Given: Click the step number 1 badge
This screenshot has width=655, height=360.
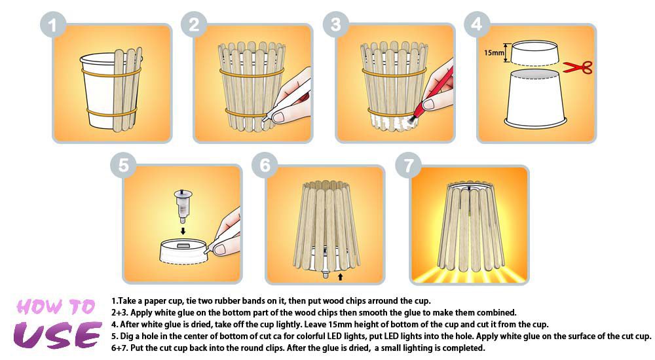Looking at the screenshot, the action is pyautogui.click(x=52, y=25).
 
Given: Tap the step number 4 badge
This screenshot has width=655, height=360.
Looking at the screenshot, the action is pyautogui.click(x=477, y=24).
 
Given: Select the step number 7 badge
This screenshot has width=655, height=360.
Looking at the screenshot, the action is pyautogui.click(x=408, y=166).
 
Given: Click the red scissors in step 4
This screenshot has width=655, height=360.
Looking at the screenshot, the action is pyautogui.click(x=578, y=67).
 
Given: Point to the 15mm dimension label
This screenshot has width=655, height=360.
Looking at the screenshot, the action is pyautogui.click(x=494, y=53).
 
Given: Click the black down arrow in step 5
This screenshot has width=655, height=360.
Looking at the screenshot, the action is pyautogui.click(x=183, y=230).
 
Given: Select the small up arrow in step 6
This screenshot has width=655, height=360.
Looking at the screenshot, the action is pyautogui.click(x=340, y=276).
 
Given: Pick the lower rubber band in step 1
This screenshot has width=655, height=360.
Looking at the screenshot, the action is pyautogui.click(x=111, y=113).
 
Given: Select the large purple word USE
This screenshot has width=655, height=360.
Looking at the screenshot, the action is pyautogui.click(x=57, y=334).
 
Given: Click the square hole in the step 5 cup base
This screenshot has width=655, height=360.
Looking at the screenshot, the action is pyautogui.click(x=183, y=245).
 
